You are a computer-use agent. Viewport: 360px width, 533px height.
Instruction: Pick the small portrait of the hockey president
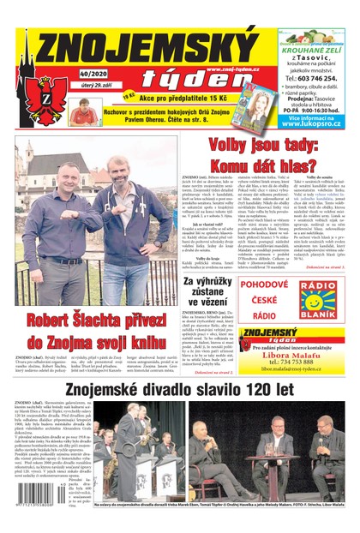point(83,111)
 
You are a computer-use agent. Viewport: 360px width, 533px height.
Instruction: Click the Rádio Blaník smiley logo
point(317,296)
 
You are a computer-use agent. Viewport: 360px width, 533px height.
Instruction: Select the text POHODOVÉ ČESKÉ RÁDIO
point(266,296)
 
